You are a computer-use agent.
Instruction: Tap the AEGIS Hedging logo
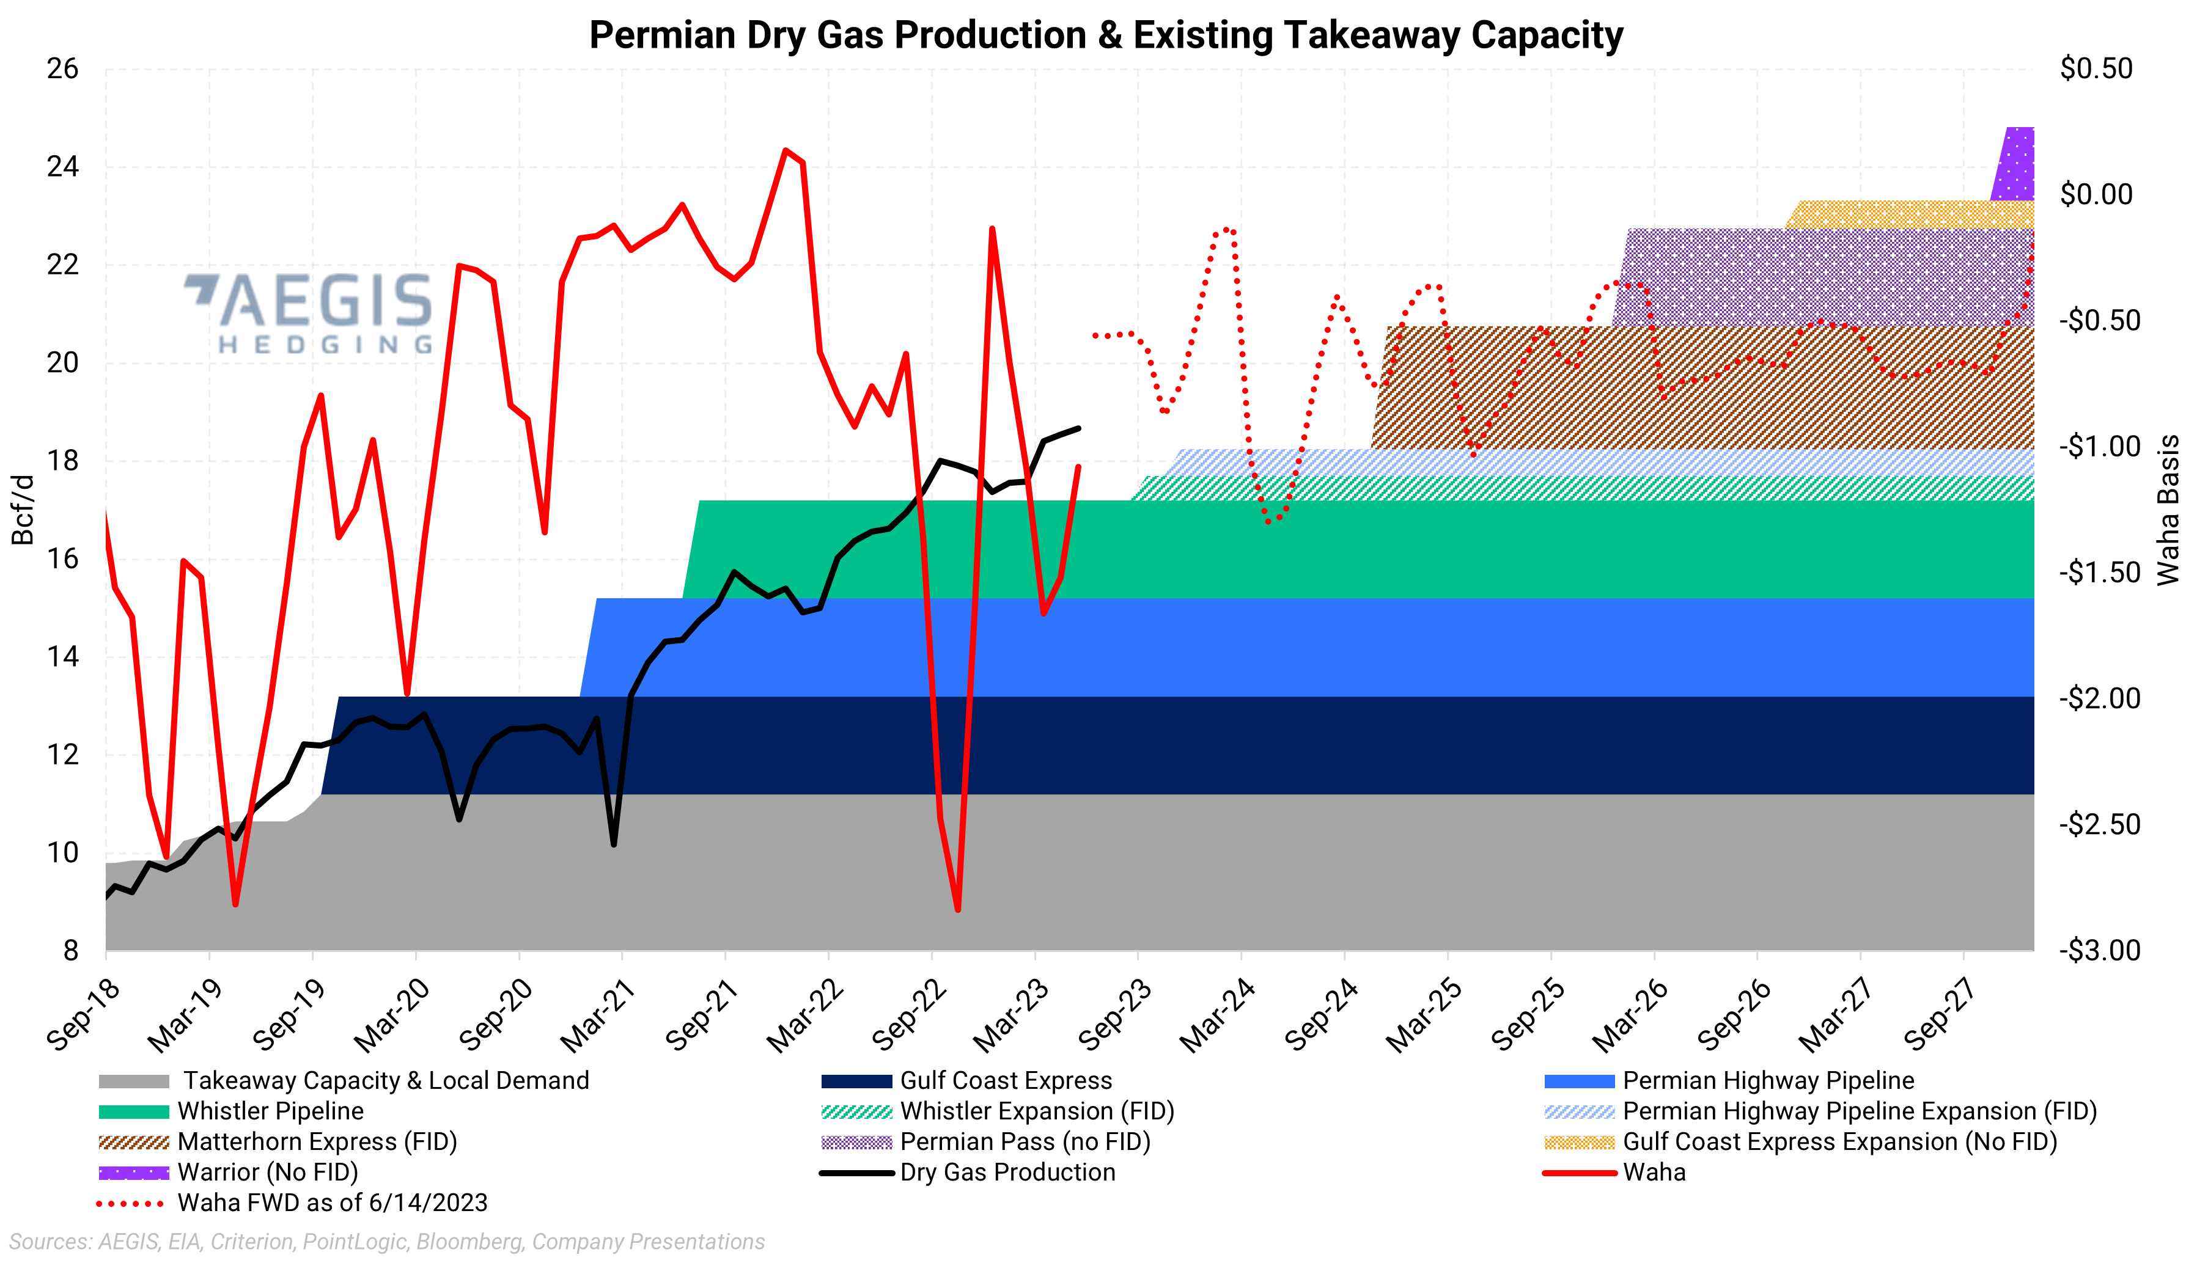click(x=310, y=312)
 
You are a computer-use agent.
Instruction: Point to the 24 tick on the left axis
click(x=62, y=167)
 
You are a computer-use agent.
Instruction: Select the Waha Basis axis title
click(x=2167, y=510)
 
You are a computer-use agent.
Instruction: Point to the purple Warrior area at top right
click(x=2017, y=165)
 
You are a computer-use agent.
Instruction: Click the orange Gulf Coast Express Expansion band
click(x=1908, y=214)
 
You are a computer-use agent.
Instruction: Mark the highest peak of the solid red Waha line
click(x=785, y=151)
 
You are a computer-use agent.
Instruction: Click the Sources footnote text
click(x=387, y=1242)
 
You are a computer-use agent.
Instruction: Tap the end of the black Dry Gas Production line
click(x=1078, y=428)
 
